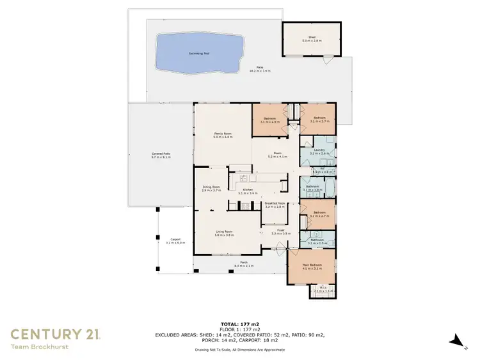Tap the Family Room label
(x=222, y=135)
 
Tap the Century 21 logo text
(x=54, y=333)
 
